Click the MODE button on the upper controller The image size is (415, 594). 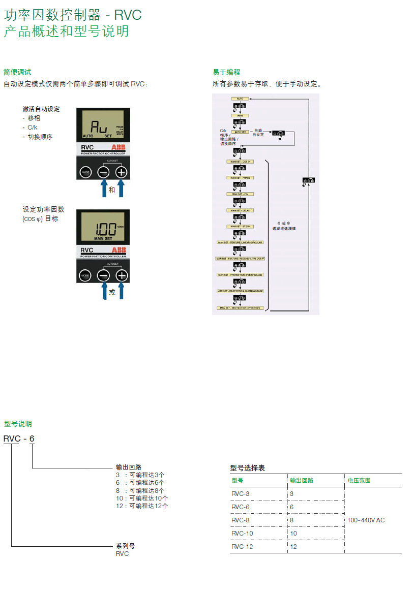[x=85, y=172]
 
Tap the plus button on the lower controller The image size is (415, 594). [x=121, y=275]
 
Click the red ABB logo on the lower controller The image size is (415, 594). [x=118, y=250]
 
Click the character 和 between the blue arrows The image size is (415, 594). [x=112, y=191]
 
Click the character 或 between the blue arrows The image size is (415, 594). [x=112, y=293]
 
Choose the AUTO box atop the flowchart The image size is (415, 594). [x=241, y=98]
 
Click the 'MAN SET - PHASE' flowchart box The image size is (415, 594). [x=241, y=178]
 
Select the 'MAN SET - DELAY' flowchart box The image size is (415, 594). [x=241, y=210]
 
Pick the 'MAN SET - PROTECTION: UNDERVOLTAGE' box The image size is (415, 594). [x=241, y=291]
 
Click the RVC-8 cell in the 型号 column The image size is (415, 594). [x=241, y=520]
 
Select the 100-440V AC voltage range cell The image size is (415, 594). [x=366, y=520]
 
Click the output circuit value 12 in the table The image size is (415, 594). [x=293, y=547]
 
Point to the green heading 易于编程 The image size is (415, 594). [x=226, y=72]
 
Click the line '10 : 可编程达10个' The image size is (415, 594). [x=142, y=498]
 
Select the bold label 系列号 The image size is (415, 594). [x=125, y=546]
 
